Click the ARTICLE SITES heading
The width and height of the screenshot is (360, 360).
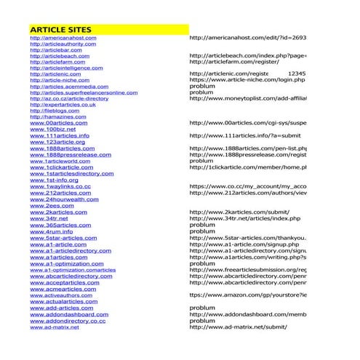[x=60, y=28]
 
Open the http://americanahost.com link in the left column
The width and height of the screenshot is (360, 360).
[x=61, y=36]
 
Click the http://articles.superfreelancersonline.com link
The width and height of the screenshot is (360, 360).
[x=84, y=92]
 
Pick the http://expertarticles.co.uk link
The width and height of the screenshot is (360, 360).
[x=63, y=105]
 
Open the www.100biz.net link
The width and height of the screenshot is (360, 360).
[x=52, y=129]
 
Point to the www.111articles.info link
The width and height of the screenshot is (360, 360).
[x=60, y=135]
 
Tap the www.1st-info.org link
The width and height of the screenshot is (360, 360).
[x=54, y=180]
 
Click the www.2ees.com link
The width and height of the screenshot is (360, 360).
[x=49, y=205]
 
